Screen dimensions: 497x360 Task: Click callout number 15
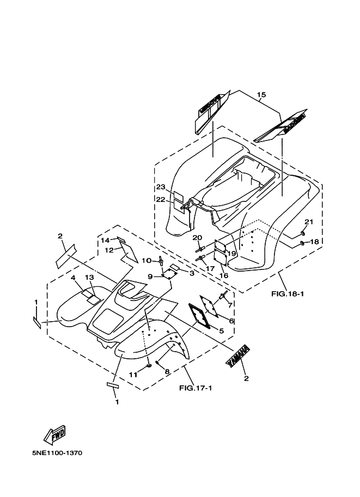click(261, 95)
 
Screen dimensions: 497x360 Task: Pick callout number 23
click(160, 187)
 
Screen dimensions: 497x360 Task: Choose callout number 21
click(309, 222)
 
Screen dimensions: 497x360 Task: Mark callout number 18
click(314, 242)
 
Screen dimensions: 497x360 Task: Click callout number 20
click(197, 237)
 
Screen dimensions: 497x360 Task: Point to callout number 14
click(105, 240)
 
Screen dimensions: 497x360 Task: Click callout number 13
click(89, 278)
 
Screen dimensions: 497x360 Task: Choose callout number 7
click(230, 305)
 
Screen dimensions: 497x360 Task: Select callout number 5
click(221, 330)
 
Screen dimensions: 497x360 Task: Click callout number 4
click(72, 278)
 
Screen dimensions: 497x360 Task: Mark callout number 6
click(231, 321)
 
